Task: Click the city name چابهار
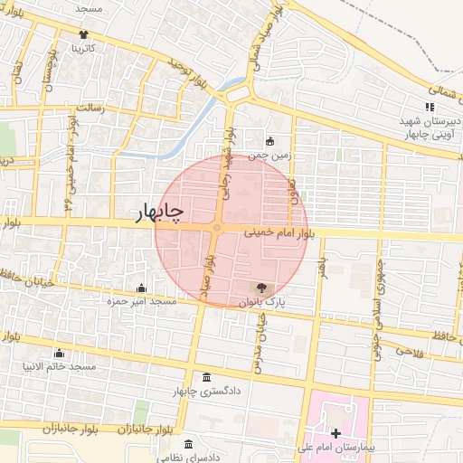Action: [159, 213]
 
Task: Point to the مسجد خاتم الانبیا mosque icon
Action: [60, 353]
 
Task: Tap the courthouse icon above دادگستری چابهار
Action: [207, 377]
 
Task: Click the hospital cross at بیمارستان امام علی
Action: [336, 434]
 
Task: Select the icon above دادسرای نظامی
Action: [188, 445]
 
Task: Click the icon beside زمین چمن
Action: [269, 140]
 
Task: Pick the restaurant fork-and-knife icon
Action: [428, 108]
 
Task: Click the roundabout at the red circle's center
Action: [217, 229]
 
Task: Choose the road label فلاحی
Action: [409, 350]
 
